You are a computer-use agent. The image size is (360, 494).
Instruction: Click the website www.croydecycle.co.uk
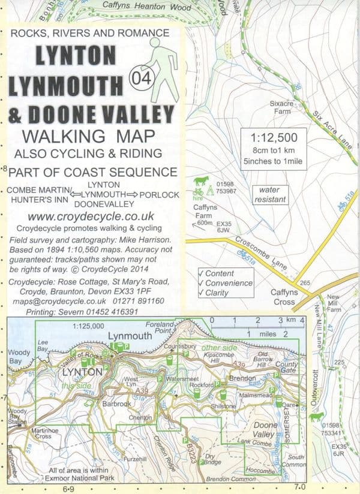[x=91, y=216]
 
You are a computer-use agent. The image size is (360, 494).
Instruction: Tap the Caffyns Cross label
[x=276, y=297]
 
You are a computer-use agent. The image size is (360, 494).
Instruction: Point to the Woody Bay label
[x=17, y=358]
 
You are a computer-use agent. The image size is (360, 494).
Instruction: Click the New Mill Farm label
[x=334, y=303]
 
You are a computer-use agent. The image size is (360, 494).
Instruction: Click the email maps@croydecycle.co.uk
[x=53, y=302]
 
